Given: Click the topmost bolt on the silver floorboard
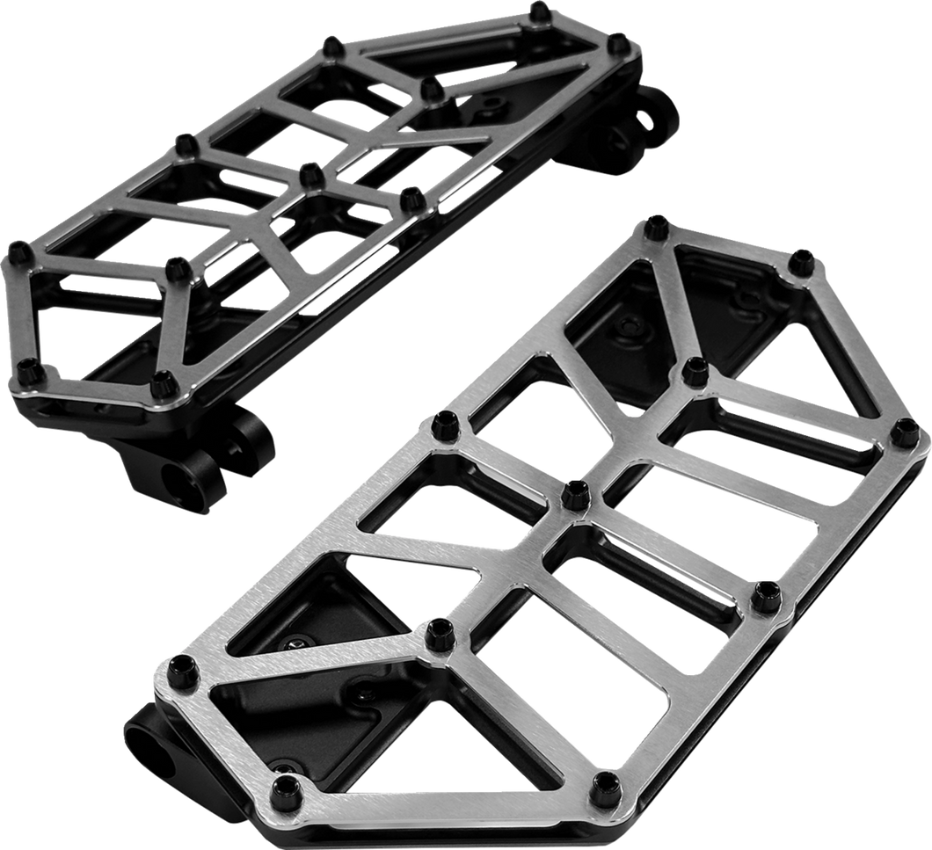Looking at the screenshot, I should (x=658, y=224).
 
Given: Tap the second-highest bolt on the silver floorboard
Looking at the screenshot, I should (x=800, y=258).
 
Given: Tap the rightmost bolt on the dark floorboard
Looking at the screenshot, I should (x=618, y=40).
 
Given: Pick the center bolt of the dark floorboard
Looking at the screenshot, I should (x=308, y=174).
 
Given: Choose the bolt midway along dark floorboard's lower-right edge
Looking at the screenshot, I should (x=408, y=200).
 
